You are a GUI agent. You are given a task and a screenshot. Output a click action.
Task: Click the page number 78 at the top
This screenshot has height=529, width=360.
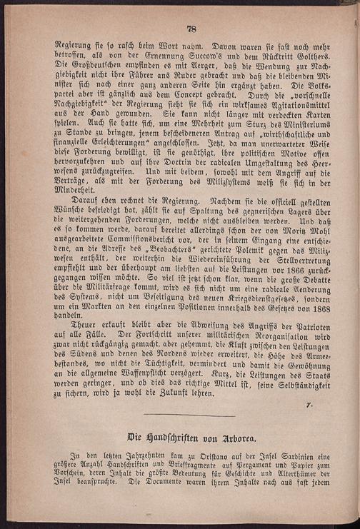pyautogui.click(x=191, y=29)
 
